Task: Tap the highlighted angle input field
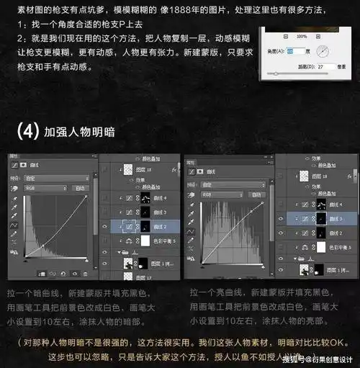(x=296, y=51)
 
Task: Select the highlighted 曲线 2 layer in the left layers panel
(x=151, y=226)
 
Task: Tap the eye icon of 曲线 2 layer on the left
(x=104, y=226)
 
